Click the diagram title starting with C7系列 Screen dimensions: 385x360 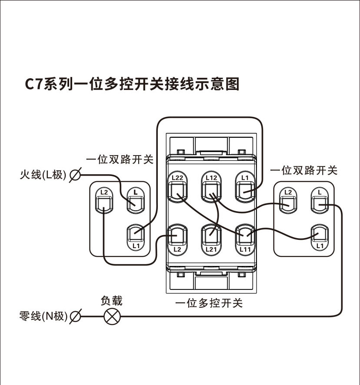pos(132,84)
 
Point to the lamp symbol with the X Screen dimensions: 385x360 pos(112,316)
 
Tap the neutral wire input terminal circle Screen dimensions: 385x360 pos(75,316)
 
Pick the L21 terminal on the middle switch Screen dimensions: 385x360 pos(211,237)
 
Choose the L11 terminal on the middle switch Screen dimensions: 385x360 pos(244,237)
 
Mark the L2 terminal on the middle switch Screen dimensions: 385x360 pos(177,237)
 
